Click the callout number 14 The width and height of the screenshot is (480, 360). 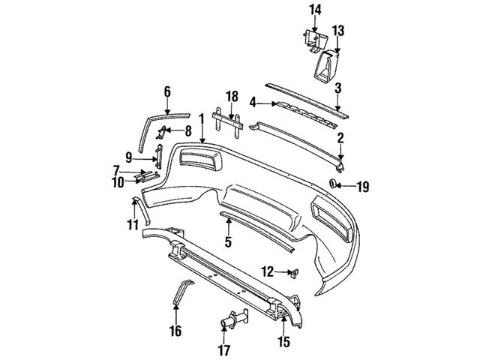point(315,10)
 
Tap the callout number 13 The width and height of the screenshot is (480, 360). point(338,30)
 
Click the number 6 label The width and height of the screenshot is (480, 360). point(166,91)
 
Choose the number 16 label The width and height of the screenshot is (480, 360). point(175,329)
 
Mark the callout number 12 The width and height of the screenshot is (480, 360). point(266,271)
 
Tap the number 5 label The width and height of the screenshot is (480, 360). point(228,242)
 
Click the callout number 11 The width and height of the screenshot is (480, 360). point(132,224)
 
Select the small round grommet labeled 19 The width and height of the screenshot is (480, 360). point(333,184)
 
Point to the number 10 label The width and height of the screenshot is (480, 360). point(118,181)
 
